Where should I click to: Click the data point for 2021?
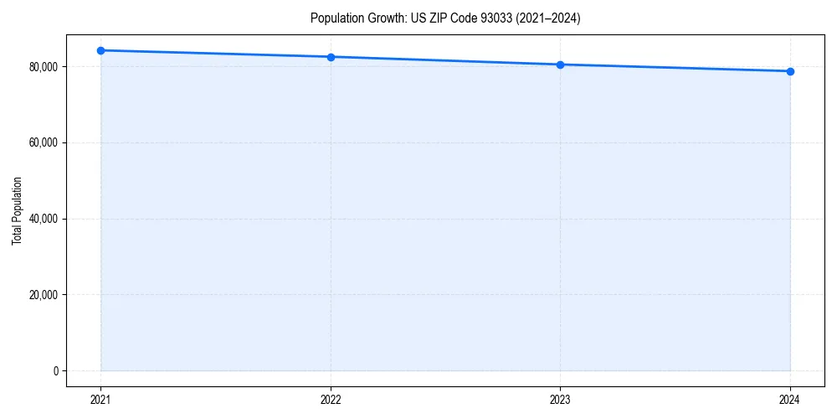(x=100, y=50)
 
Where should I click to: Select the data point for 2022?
(x=331, y=57)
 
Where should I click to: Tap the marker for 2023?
(x=560, y=65)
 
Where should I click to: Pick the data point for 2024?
(x=790, y=71)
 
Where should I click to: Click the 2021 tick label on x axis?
(x=100, y=400)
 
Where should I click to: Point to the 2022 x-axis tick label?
(x=331, y=400)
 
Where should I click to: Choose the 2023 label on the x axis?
(x=560, y=400)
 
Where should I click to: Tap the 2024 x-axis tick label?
(x=790, y=400)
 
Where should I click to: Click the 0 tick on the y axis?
(x=56, y=370)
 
